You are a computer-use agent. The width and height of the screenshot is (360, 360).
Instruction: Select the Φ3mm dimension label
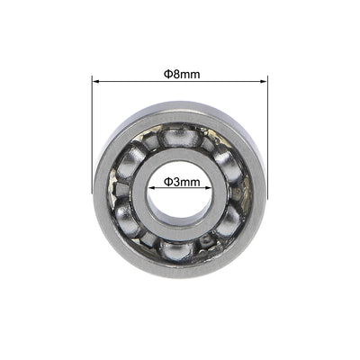[x=181, y=181]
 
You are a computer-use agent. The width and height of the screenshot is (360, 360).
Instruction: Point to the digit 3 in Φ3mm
[x=175, y=181]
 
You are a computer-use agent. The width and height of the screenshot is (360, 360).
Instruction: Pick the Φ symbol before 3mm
[x=167, y=181]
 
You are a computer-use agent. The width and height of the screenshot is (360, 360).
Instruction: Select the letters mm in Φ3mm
[x=190, y=181]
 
